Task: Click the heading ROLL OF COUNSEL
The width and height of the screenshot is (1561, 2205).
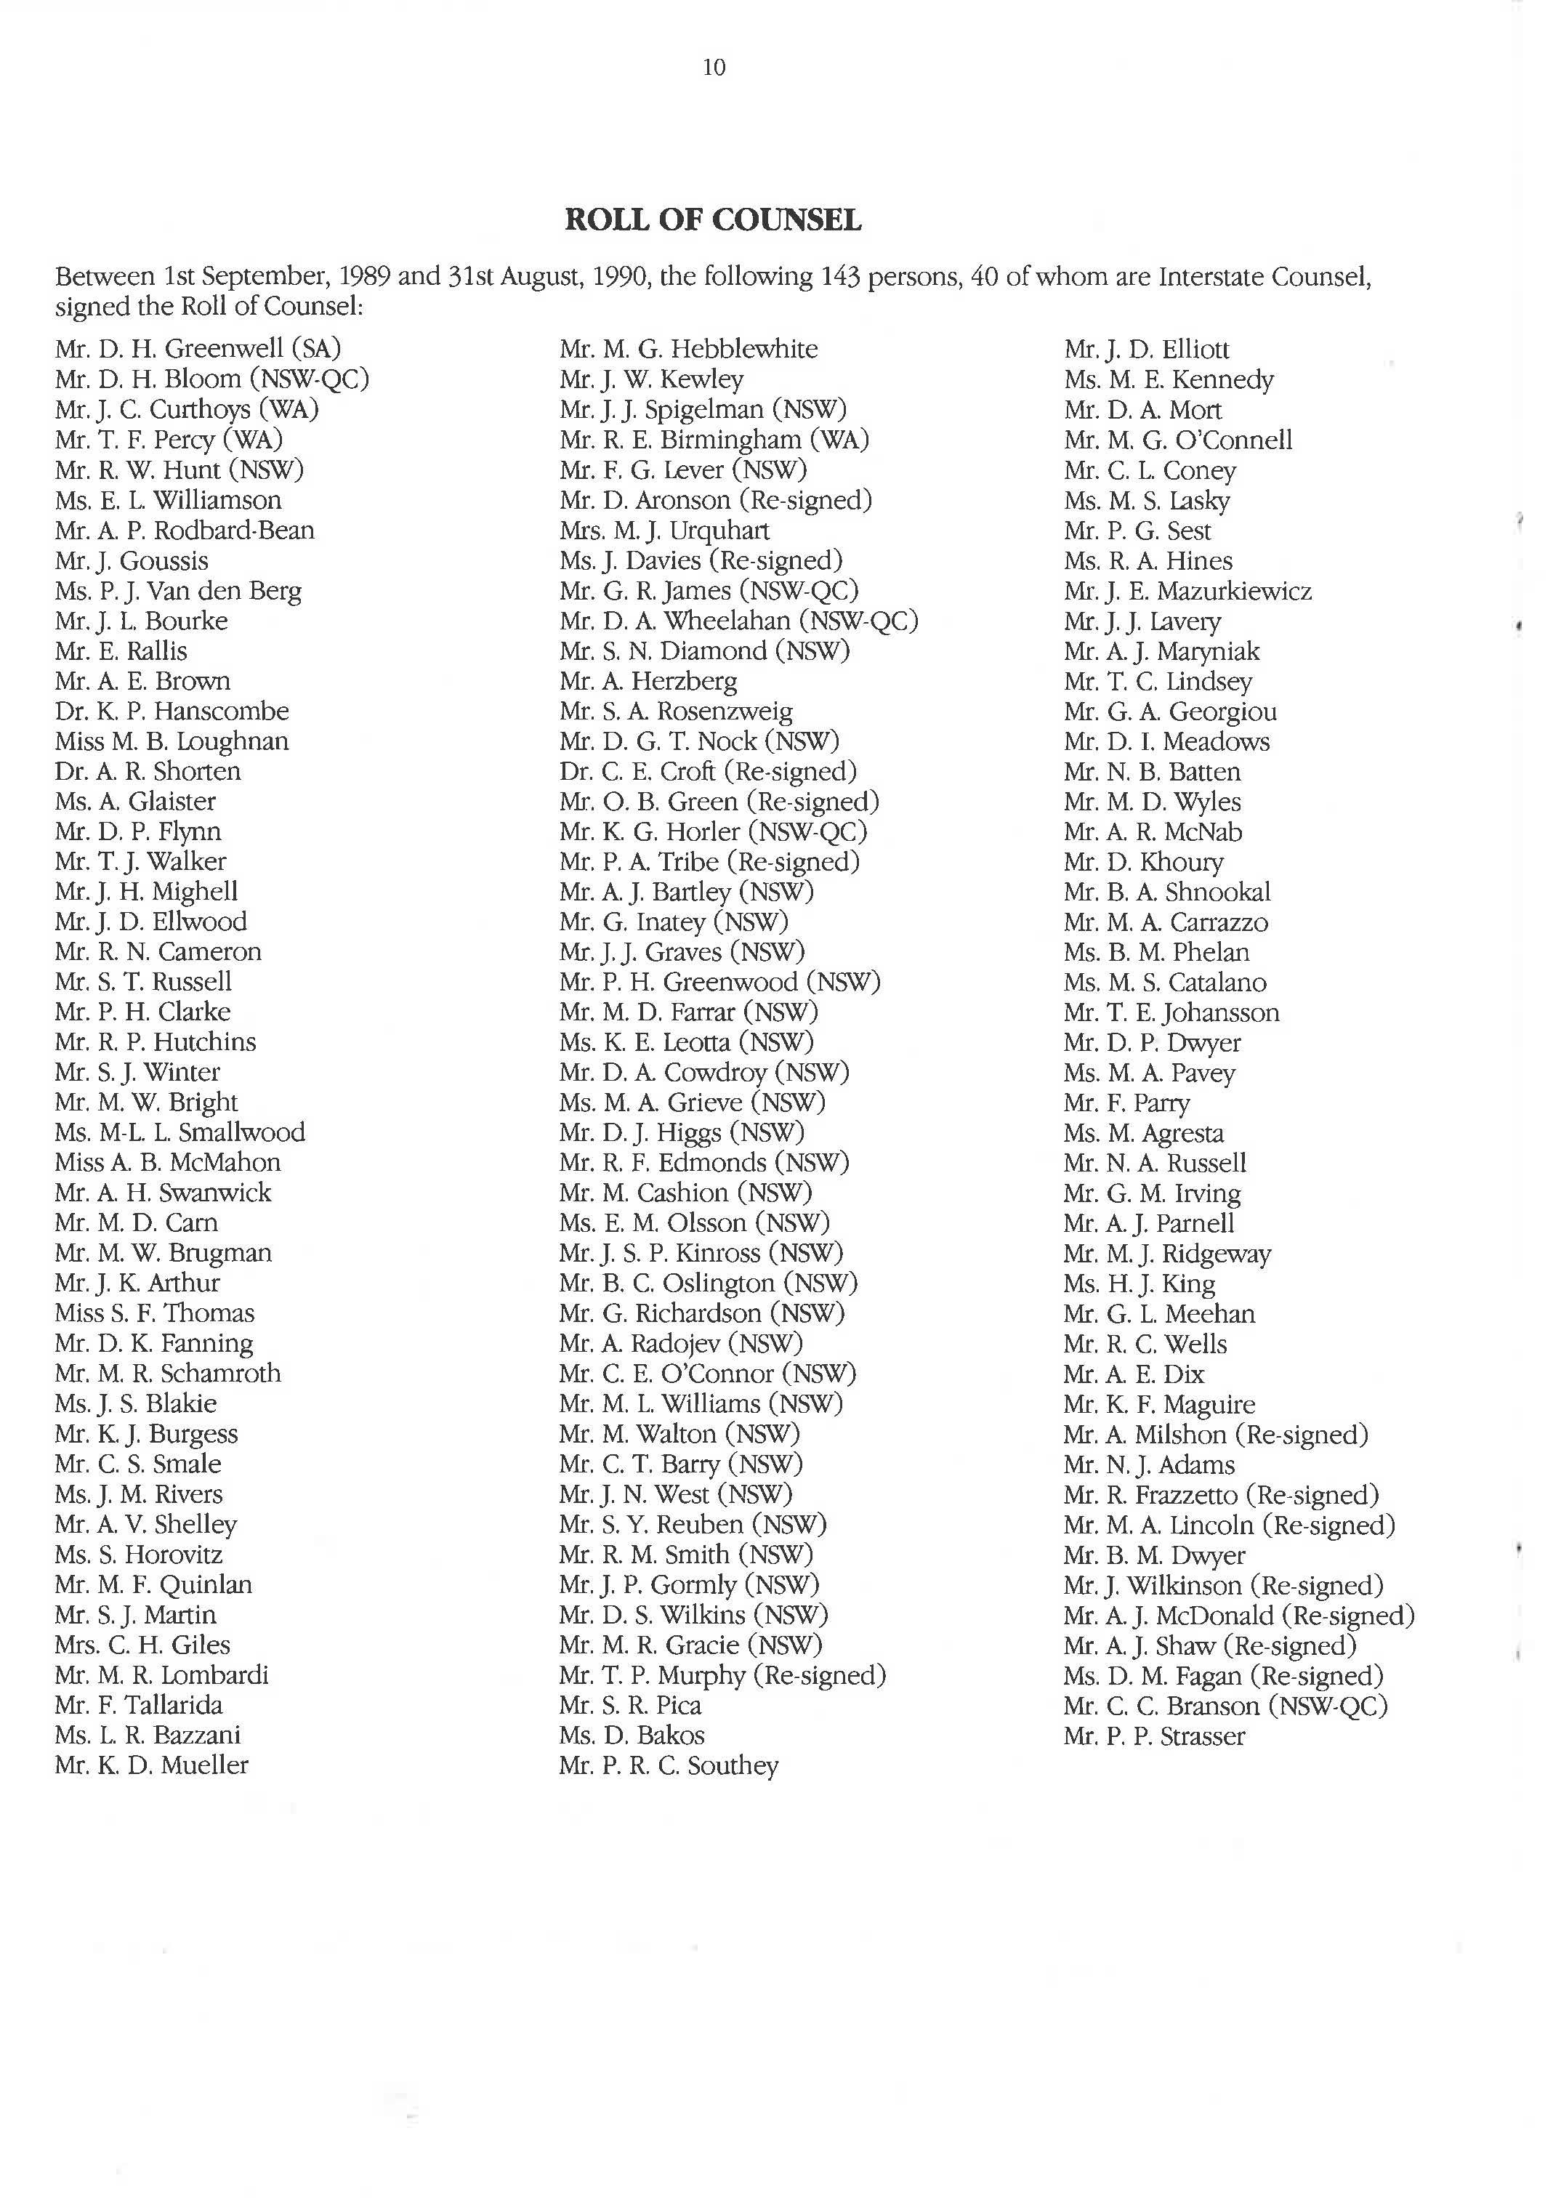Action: [x=712, y=220]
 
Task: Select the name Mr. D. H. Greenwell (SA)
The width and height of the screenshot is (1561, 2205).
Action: [x=198, y=348]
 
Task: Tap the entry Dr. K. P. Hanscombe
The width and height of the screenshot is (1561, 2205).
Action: [x=172, y=712]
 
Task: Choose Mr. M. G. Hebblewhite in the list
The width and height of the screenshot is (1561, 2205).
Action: [x=688, y=348]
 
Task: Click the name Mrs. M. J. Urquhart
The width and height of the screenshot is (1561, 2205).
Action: [x=664, y=530]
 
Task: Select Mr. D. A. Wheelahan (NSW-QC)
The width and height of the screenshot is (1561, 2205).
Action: [x=738, y=621]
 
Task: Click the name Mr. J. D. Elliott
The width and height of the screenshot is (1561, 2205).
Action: [x=1146, y=349]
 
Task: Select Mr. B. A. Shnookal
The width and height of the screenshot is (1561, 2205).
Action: [x=1167, y=892]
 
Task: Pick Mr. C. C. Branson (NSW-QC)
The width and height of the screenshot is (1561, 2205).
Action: [x=1225, y=1706]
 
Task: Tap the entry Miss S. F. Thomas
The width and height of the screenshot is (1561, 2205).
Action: [x=155, y=1313]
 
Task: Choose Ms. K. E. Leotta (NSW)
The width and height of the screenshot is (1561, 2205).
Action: [x=686, y=1042]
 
